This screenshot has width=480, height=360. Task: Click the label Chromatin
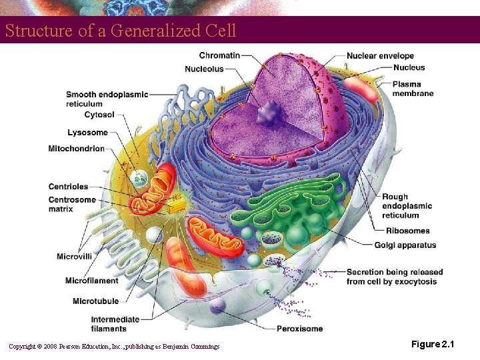[x=219, y=55]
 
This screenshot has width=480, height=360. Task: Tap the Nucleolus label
[x=204, y=69]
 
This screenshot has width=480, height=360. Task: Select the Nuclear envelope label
[x=380, y=56]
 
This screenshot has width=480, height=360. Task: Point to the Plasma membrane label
[x=413, y=89]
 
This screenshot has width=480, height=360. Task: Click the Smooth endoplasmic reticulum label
[x=107, y=99]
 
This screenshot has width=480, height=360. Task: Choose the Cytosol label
[x=99, y=115]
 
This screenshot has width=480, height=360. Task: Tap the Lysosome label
[x=87, y=133]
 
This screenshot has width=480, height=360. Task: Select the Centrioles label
[x=68, y=187]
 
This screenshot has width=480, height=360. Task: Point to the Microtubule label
[x=95, y=301]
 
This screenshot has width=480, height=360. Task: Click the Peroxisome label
[x=300, y=329]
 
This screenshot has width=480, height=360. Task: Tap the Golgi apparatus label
[x=405, y=245]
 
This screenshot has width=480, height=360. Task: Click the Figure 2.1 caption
[x=432, y=344]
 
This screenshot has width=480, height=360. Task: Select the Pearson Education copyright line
[x=113, y=345]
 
